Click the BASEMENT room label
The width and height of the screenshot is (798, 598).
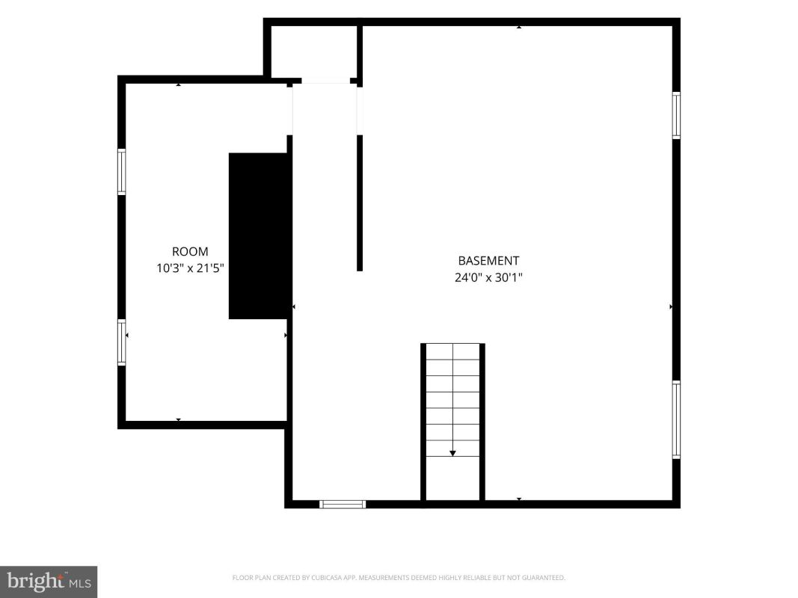click(x=488, y=261)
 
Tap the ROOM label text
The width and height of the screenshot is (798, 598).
click(x=190, y=252)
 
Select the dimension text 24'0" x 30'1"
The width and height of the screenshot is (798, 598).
click(x=488, y=277)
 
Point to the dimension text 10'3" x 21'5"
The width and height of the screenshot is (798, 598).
click(x=190, y=268)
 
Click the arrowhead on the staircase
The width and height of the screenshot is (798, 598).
click(x=452, y=453)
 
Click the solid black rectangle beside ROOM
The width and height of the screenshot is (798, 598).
click(x=259, y=236)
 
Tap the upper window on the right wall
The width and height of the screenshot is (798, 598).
click(x=676, y=115)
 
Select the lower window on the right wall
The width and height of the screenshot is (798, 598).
click(x=676, y=420)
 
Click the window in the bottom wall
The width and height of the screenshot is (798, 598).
click(x=343, y=505)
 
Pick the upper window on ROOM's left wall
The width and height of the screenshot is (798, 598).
click(x=122, y=171)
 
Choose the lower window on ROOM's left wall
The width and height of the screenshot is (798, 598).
click(x=122, y=342)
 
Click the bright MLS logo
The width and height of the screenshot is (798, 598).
click(x=49, y=582)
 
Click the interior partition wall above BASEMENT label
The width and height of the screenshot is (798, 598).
click(x=359, y=203)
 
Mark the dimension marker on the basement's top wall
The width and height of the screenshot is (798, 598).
click(x=518, y=27)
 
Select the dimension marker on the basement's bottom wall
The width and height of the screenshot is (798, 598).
click(x=518, y=499)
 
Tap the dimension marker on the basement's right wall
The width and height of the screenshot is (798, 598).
click(x=671, y=306)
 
